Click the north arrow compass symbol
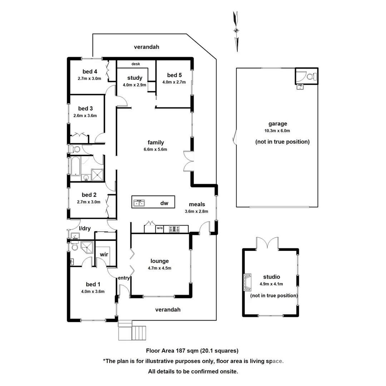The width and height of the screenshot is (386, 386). click(236, 31)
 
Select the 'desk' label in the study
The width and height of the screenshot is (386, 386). click(135, 64)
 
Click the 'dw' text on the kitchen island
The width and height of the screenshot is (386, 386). click(164, 203)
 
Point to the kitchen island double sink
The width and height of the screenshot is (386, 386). click(139, 203)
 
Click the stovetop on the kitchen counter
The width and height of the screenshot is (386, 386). click(174, 229)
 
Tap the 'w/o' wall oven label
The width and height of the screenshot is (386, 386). click(159, 228)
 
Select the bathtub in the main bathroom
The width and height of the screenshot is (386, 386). click(75, 166)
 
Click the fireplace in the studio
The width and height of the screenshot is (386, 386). click(248, 283)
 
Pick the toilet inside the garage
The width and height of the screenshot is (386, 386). click(311, 76)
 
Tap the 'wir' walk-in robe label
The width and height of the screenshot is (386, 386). click(104, 254)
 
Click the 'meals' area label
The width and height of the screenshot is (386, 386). click(197, 204)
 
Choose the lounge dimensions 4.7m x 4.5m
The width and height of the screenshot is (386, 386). click(159, 268)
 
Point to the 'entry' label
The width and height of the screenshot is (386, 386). click(124, 278)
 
